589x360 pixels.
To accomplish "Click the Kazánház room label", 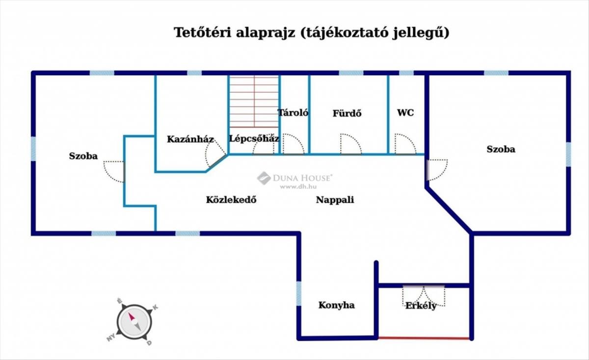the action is click(x=190, y=139).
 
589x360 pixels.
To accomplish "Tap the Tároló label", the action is click(x=293, y=113).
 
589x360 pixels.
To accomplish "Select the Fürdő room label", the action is click(x=347, y=113).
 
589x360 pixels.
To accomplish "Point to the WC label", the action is click(x=405, y=113).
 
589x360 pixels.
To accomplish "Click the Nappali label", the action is click(x=335, y=200).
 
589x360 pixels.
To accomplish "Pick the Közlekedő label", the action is click(x=231, y=200).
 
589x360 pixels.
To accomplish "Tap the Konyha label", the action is click(x=337, y=306).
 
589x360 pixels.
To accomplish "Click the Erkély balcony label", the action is click(x=421, y=306).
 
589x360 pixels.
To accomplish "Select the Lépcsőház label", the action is click(x=254, y=138).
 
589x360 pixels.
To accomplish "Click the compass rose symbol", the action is click(x=134, y=322).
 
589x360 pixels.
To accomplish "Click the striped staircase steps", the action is click(x=254, y=102).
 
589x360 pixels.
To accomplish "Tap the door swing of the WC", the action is click(x=405, y=144).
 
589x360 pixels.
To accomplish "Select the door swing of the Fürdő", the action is click(x=351, y=144).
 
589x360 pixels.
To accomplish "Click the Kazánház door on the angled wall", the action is click(x=215, y=154).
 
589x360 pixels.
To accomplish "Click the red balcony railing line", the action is click(x=424, y=338).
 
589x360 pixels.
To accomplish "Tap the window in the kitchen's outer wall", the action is click(x=299, y=294).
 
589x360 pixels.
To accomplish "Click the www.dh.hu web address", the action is click(x=298, y=187).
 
